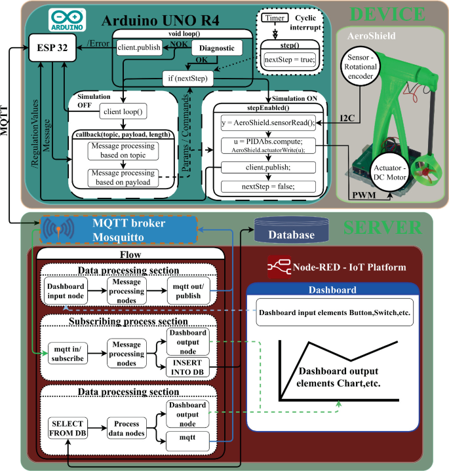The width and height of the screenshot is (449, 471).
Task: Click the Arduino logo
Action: [x=64, y=20]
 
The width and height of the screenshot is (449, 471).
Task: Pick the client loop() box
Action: [x=123, y=112]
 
